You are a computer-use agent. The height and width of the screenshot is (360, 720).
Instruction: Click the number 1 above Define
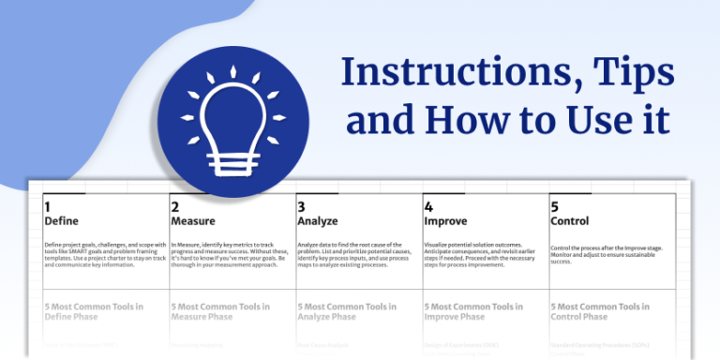point(48,206)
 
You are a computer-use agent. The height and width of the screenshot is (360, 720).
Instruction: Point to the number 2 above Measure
point(174,206)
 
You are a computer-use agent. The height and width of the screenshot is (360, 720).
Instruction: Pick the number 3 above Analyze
point(301,206)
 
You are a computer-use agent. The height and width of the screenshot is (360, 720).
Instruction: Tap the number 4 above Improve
point(428,206)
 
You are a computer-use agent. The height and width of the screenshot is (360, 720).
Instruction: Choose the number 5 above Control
point(555,206)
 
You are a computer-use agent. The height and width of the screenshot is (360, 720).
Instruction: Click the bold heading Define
point(61,221)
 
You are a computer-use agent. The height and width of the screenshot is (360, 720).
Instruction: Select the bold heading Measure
point(193,221)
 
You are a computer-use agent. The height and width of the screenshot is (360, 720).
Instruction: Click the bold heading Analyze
point(319,221)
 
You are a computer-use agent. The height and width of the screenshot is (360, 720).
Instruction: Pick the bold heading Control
point(570,221)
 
